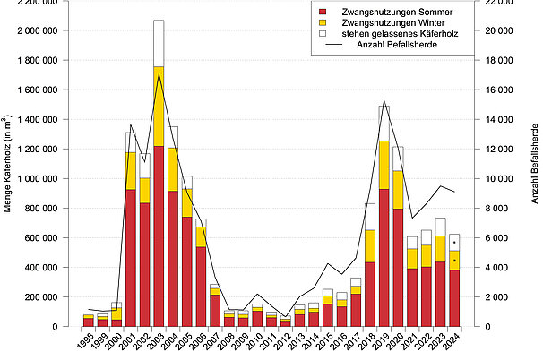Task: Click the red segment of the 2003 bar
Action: pos(159,237)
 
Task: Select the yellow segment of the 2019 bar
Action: pos(384,166)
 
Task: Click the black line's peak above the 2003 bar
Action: pos(159,74)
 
